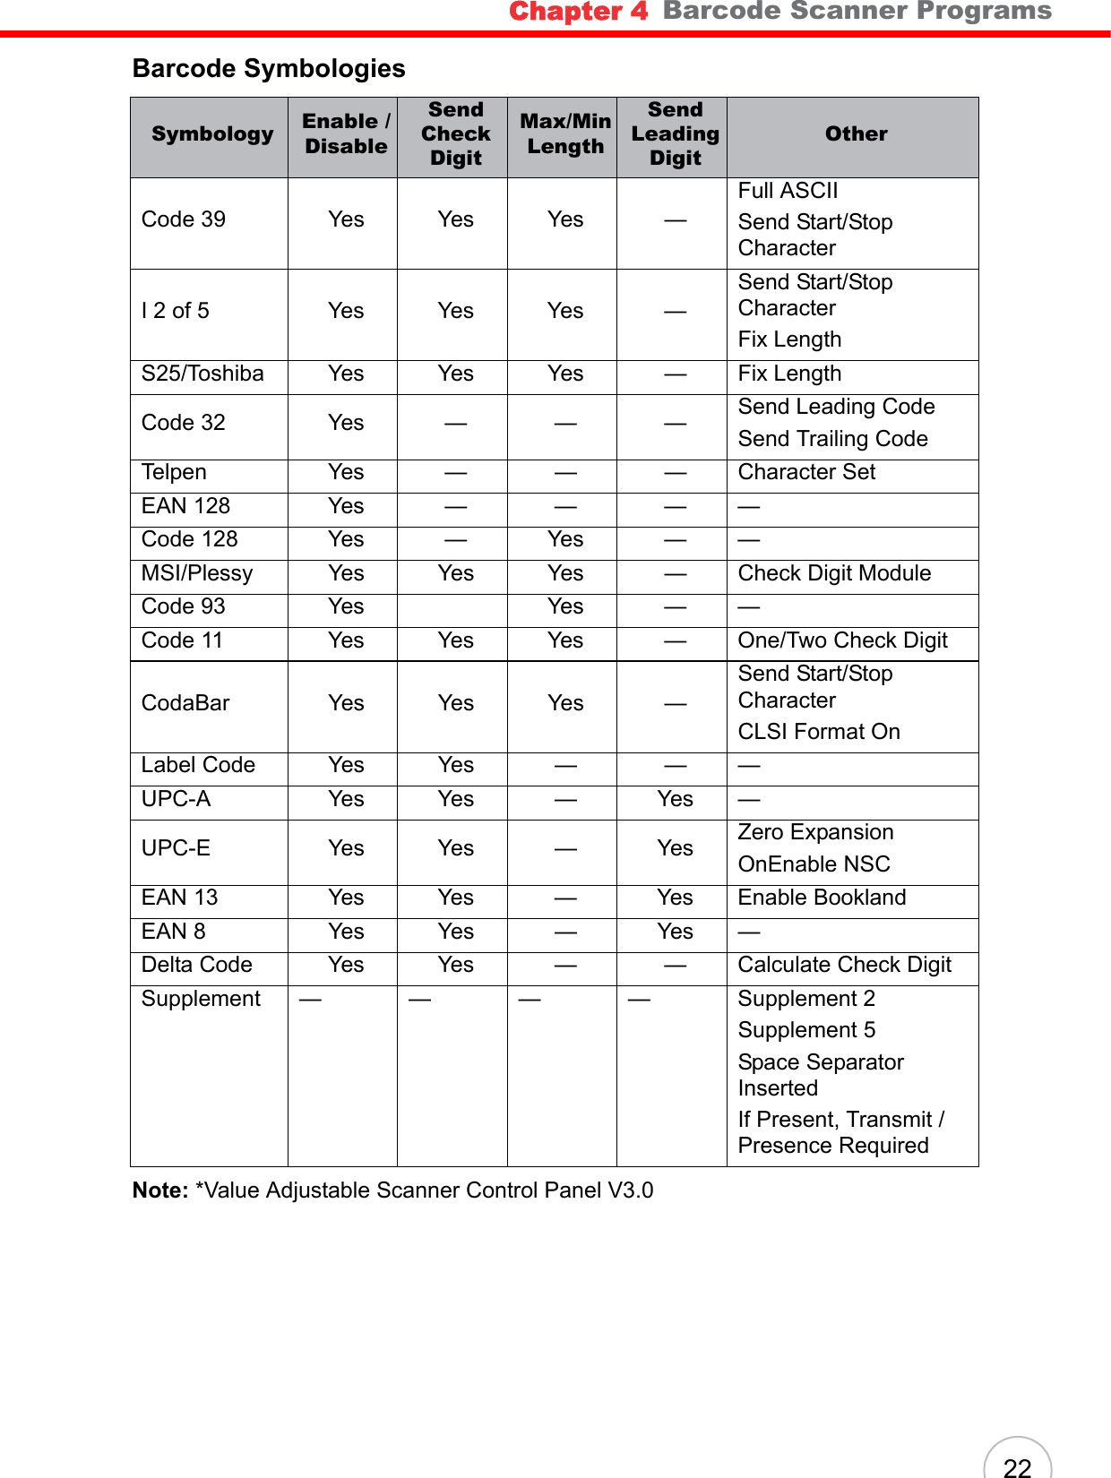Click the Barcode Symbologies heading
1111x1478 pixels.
click(269, 69)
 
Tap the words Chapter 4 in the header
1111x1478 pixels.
click(578, 12)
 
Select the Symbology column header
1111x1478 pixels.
click(212, 134)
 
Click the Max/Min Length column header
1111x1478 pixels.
click(565, 134)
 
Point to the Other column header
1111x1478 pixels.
click(856, 134)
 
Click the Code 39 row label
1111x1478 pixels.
click(184, 219)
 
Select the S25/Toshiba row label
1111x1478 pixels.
click(202, 374)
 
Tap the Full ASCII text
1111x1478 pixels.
click(788, 191)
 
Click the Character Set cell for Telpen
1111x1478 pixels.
click(806, 472)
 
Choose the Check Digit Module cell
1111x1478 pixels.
click(834, 573)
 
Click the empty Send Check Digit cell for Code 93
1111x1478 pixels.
click(455, 607)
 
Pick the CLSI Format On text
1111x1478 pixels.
click(818, 732)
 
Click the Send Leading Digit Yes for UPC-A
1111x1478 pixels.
click(675, 799)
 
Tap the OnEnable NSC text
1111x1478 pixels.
click(814, 864)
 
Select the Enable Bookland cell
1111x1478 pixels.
click(822, 898)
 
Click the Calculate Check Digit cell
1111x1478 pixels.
click(844, 965)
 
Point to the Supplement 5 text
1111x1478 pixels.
click(806, 1030)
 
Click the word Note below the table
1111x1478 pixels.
click(159, 1190)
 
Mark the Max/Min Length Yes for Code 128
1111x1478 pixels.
click(565, 539)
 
